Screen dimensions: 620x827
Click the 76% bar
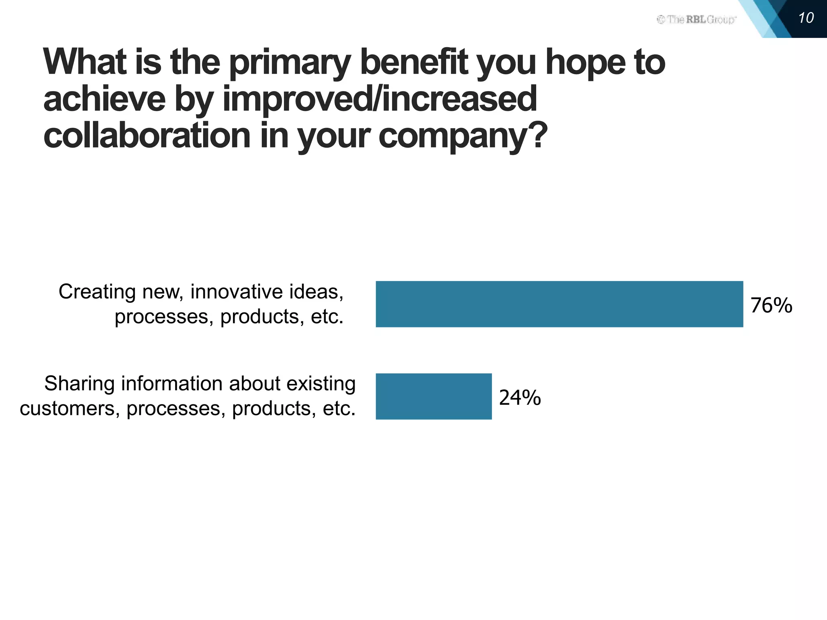coord(559,304)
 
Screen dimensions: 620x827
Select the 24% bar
coord(434,396)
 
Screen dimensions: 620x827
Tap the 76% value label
coord(771,305)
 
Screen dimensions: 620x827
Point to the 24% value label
coord(520,398)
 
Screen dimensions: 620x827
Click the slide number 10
coord(806,18)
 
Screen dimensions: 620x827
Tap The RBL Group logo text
coord(697,19)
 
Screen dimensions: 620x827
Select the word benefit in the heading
coord(414,63)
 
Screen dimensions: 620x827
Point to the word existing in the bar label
coord(321,384)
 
